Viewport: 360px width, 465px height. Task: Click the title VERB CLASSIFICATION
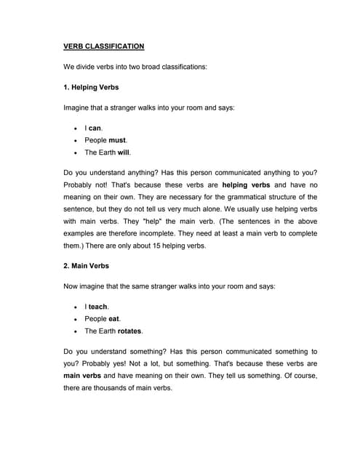(104, 46)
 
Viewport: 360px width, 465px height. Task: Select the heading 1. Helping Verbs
(91, 87)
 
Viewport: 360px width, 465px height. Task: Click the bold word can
(95, 127)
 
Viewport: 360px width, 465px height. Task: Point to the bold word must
(117, 140)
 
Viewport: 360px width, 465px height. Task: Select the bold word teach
(99, 306)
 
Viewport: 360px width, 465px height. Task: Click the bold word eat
(115, 318)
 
